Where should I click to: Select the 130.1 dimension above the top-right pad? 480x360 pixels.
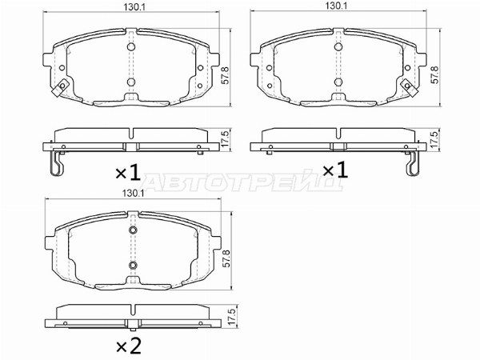coord(335,6)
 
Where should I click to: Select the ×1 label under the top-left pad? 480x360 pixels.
coord(128,171)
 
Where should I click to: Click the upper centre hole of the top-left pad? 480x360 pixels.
coord(130,46)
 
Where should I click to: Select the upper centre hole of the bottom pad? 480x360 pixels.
coord(133,232)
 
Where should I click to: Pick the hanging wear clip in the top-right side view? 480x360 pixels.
coord(412,165)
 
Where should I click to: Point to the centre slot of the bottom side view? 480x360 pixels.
coord(133,322)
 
